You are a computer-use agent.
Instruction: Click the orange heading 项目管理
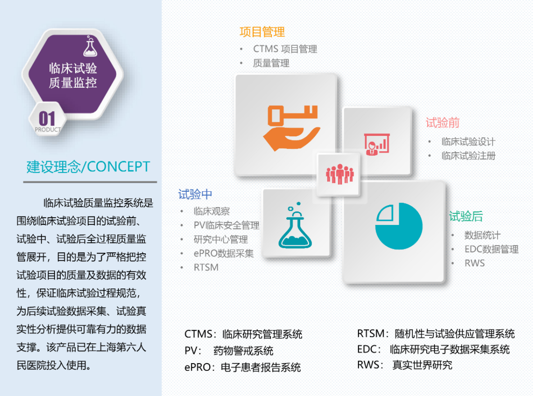[x=262, y=32]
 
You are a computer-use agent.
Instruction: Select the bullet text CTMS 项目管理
[x=285, y=49]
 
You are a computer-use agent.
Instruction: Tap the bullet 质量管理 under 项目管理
[x=271, y=63]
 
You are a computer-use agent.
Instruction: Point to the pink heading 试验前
[x=443, y=123]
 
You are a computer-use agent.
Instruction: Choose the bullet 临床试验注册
[x=469, y=156]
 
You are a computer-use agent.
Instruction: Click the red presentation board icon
[x=377, y=144]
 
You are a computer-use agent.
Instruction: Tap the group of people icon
[x=339, y=174]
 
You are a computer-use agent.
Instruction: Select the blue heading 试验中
[x=195, y=194]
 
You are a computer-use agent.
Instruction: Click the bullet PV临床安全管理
[x=226, y=225]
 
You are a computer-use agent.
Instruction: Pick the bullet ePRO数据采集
[x=224, y=253]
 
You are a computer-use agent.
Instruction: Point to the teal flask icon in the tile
[x=295, y=225]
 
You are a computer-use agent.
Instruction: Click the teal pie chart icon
[x=399, y=226]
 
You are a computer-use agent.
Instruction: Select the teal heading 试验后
[x=466, y=216]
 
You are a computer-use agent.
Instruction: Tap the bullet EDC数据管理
[x=492, y=249]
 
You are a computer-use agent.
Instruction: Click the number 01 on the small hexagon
[x=47, y=119]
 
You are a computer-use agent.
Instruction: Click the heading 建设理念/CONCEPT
[x=88, y=167]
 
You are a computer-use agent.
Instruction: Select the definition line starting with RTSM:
[x=436, y=334]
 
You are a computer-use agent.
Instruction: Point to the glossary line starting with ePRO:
[x=243, y=368]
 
